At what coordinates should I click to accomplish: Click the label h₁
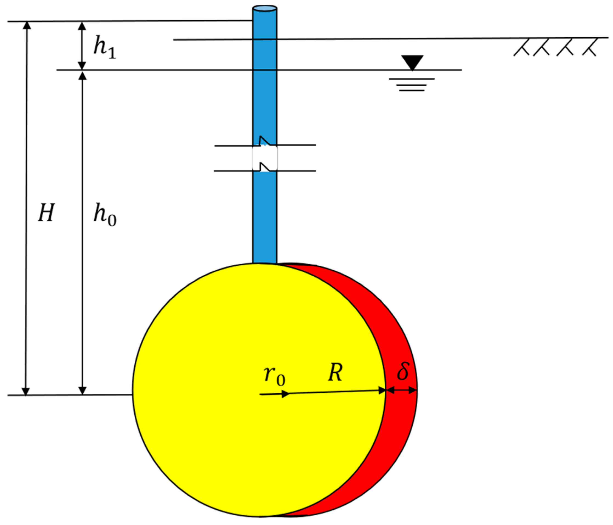pyautogui.click(x=104, y=48)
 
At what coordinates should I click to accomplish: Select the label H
pyautogui.click(x=46, y=213)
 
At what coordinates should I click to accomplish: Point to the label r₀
pyautogui.click(x=274, y=376)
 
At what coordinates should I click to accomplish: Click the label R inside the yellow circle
pyautogui.click(x=335, y=372)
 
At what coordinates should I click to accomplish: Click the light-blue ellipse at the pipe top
pyautogui.click(x=265, y=8)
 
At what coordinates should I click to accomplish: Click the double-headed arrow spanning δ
pyautogui.click(x=401, y=390)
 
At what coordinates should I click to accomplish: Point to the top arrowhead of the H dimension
pyautogui.click(x=27, y=26)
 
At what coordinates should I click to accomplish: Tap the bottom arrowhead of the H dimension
pyautogui.click(x=26, y=391)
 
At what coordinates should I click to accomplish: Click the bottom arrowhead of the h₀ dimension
pyautogui.click(x=83, y=391)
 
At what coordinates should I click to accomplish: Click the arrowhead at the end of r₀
pyautogui.click(x=286, y=394)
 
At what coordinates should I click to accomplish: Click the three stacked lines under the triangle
pyautogui.click(x=412, y=85)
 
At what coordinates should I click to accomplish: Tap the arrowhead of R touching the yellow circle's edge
pyautogui.click(x=382, y=391)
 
